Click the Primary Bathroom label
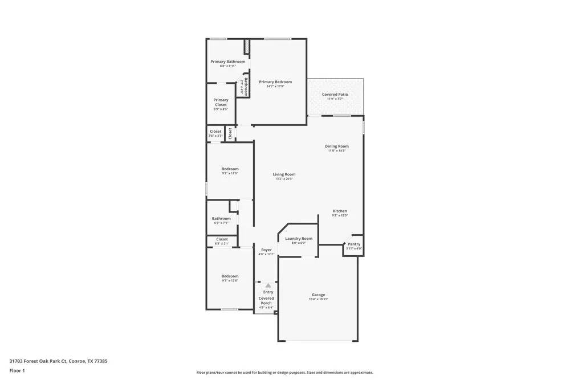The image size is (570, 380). click(227, 62)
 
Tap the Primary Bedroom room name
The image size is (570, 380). click(275, 82)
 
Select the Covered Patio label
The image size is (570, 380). click(335, 95)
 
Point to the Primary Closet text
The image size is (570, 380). click(221, 103)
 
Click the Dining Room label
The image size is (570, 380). click(337, 146)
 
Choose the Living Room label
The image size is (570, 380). click(284, 174)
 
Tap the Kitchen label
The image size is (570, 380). click(340, 211)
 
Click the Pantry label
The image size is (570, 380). click(354, 244)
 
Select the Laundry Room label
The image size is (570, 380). click(299, 239)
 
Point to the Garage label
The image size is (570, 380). click(318, 295)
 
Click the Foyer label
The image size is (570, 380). click(266, 250)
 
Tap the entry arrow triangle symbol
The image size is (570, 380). click(268, 285)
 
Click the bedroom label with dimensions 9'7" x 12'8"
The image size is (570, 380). click(230, 276)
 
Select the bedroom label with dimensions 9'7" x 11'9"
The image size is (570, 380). click(230, 169)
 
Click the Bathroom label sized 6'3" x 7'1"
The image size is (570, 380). click(221, 219)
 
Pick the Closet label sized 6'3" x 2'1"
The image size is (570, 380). click(221, 239)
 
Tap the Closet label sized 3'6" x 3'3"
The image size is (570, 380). click(215, 132)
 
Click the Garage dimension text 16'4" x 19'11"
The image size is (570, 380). click(318, 299)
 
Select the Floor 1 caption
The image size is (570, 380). click(17, 370)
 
